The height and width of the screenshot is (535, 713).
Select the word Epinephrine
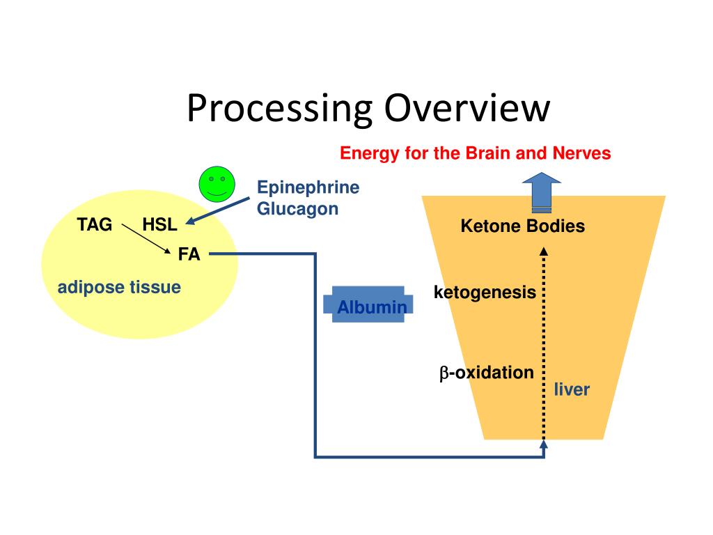click(x=308, y=187)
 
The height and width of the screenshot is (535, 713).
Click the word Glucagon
click(x=297, y=208)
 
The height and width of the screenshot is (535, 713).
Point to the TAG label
click(x=94, y=224)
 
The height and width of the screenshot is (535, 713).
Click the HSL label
click(x=159, y=224)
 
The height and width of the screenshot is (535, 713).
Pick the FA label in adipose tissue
click(x=189, y=254)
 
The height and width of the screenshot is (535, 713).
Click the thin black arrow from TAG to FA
click(x=146, y=239)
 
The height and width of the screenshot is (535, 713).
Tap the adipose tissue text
click(x=119, y=287)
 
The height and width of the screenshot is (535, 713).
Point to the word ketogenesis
click(x=485, y=293)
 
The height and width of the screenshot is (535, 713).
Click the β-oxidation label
click(x=486, y=373)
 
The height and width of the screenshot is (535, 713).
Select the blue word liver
click(x=572, y=389)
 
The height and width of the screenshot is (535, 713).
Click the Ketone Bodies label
click(x=522, y=226)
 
